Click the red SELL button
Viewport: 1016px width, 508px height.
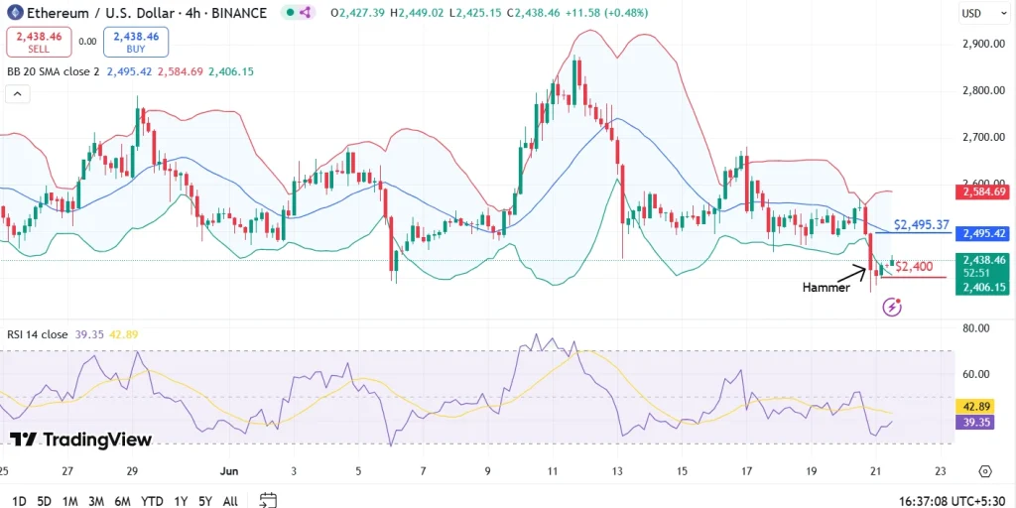(x=38, y=42)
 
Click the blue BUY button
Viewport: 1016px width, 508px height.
(x=136, y=42)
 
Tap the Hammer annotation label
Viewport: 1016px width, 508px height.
(x=825, y=287)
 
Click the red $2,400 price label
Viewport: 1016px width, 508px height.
(x=913, y=266)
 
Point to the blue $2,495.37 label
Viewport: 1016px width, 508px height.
(x=922, y=225)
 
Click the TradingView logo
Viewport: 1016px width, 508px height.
(x=80, y=440)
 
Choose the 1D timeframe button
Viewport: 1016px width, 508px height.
(x=19, y=501)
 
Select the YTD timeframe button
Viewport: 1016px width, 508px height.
(x=152, y=501)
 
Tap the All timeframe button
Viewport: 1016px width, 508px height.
(x=229, y=501)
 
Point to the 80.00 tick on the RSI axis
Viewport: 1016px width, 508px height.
(x=976, y=328)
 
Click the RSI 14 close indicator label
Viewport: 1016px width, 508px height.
(x=38, y=335)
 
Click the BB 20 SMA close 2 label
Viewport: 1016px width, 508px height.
(x=54, y=71)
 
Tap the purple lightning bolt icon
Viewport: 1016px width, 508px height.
(x=891, y=307)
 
